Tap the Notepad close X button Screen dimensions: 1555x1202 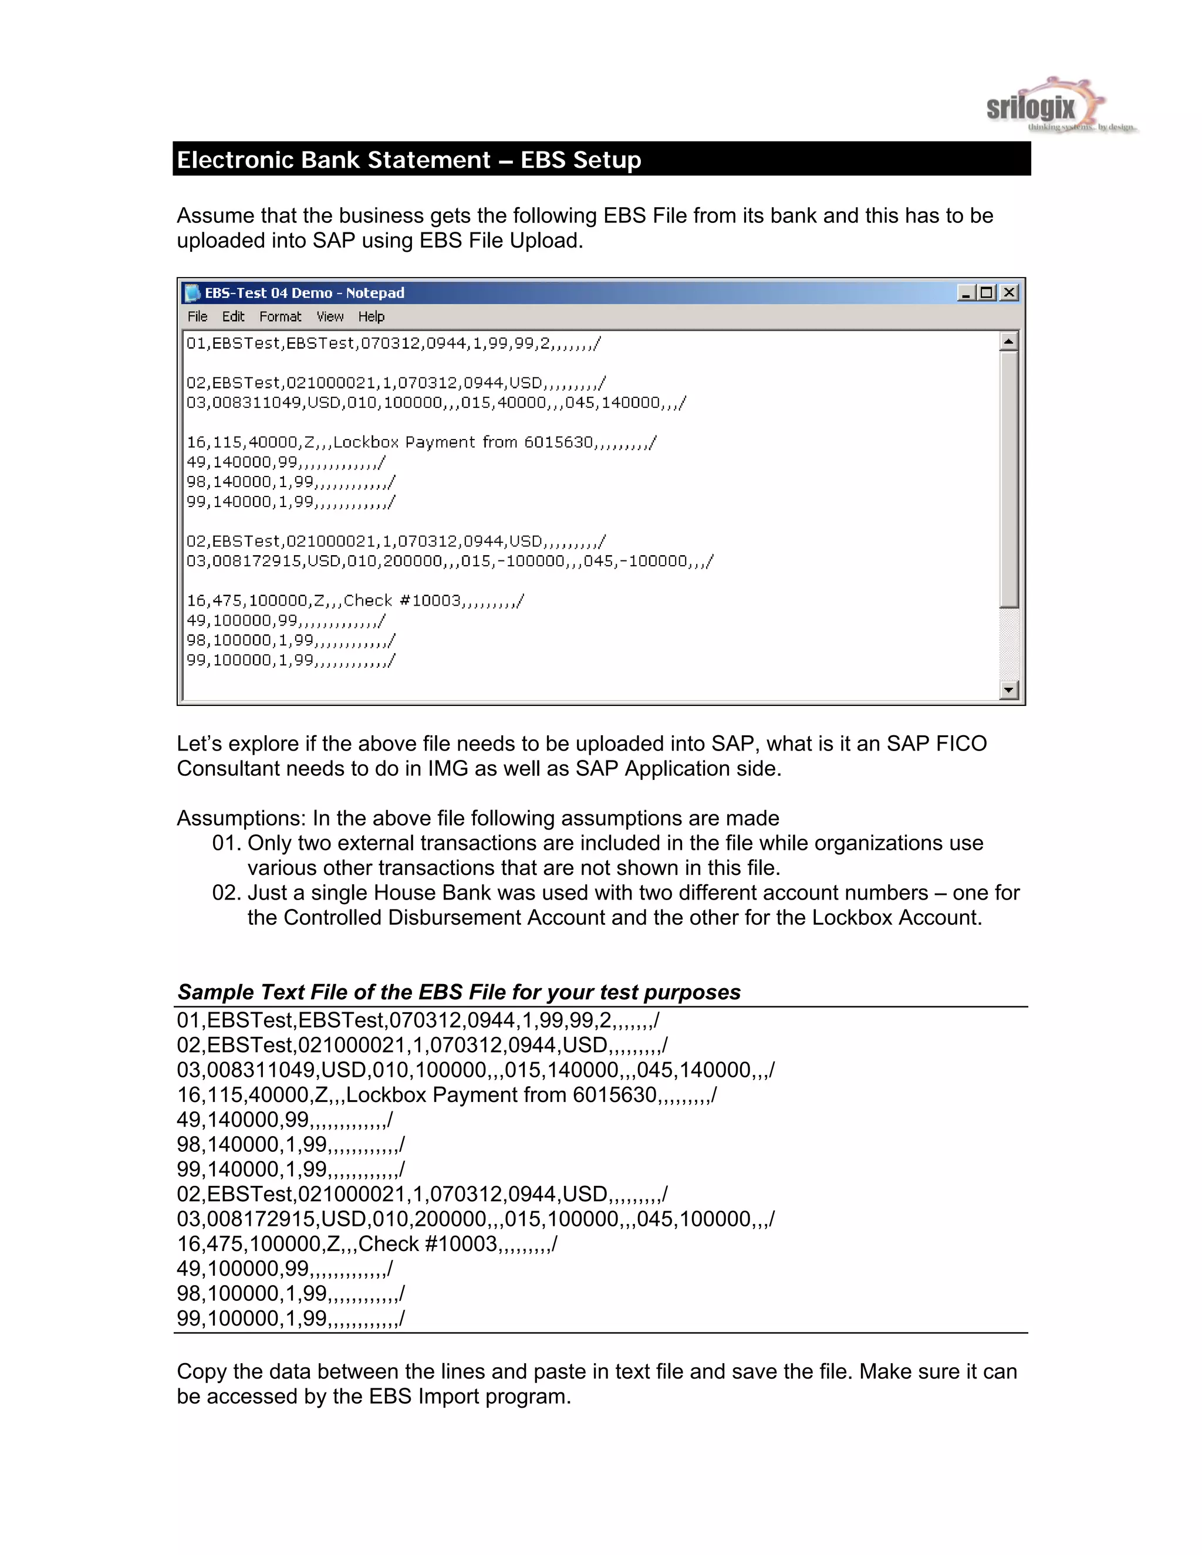(1009, 293)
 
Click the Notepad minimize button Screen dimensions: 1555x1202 (966, 293)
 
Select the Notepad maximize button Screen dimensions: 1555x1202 (987, 293)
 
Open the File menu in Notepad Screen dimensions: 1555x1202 (197, 317)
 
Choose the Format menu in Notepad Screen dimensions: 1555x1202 (280, 317)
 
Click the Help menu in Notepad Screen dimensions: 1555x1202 (371, 317)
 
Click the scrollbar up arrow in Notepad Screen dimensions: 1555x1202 (1008, 342)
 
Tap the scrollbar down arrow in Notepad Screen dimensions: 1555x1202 (1008, 689)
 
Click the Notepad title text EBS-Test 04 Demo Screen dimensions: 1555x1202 (268, 293)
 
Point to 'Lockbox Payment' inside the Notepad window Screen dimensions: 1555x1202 (404, 442)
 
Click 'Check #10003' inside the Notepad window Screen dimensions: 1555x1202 (402, 601)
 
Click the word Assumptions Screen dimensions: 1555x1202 (241, 818)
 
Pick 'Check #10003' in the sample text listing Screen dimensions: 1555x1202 (427, 1244)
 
